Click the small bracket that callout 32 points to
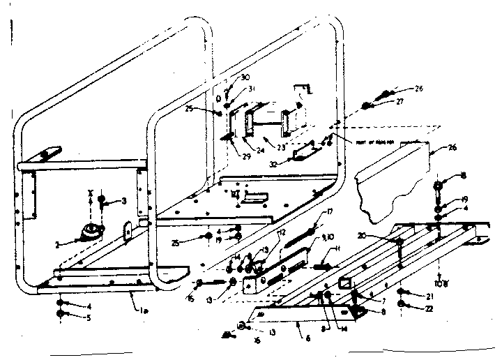pyautogui.click(x=305, y=153)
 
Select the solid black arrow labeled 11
pyautogui.click(x=319, y=267)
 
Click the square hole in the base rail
pyautogui.click(x=343, y=283)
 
